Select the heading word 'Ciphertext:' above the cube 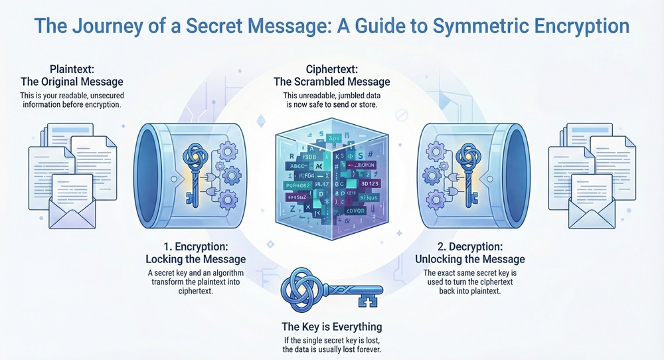click(x=333, y=69)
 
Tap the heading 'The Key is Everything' click(x=332, y=327)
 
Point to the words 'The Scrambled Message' click(x=333, y=82)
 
